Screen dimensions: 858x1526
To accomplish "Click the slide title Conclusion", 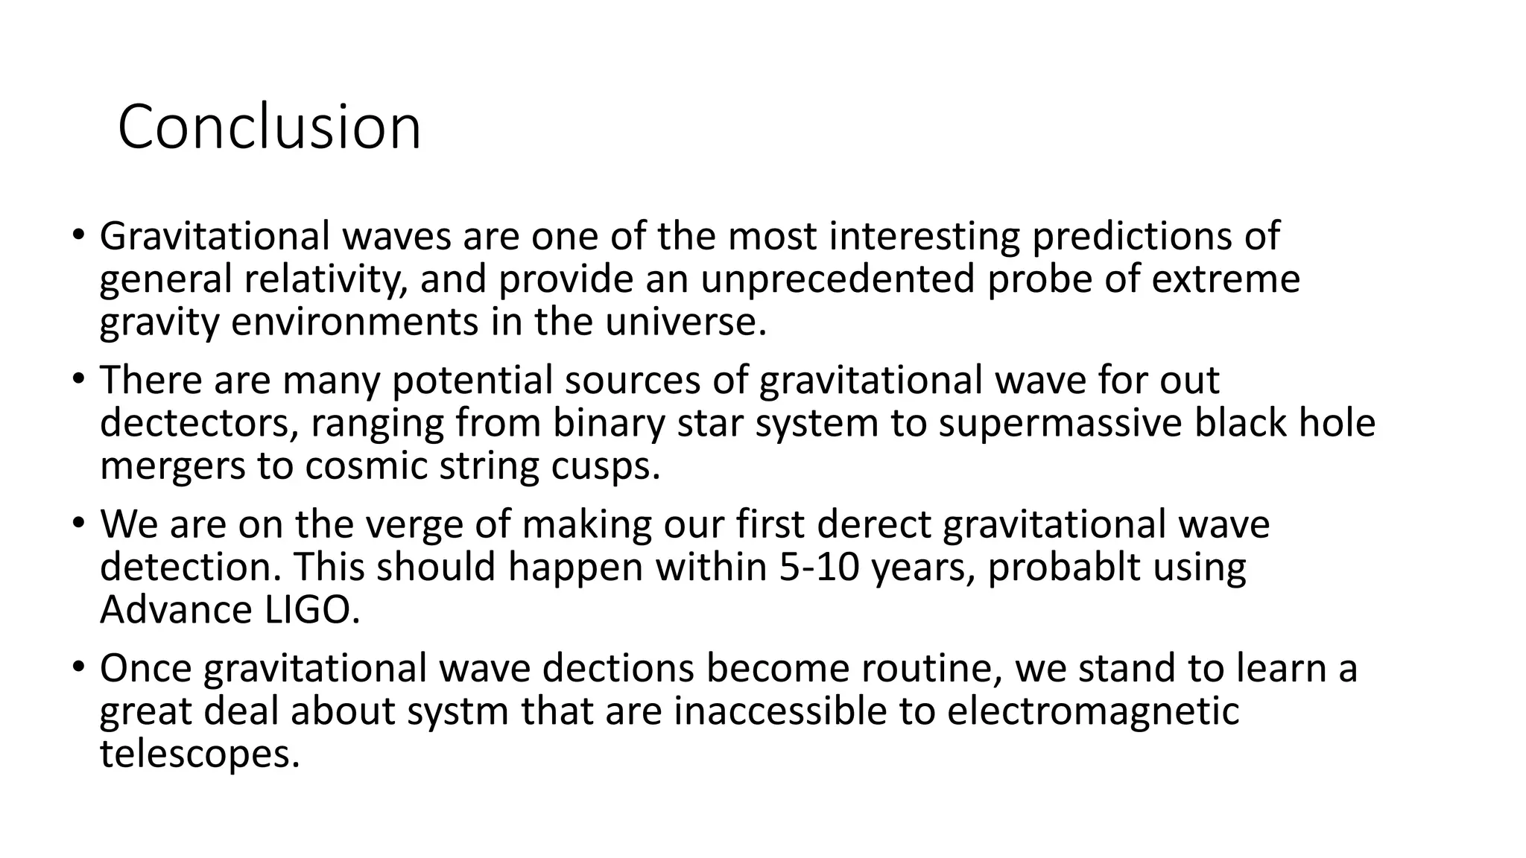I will [269, 127].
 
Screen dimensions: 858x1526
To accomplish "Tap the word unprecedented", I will [838, 279].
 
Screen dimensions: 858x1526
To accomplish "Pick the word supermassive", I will [1060, 423].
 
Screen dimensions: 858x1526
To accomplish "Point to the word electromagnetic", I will [1092, 711].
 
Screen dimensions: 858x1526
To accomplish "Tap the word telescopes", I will [200, 754].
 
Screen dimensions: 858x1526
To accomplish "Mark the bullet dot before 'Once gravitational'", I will [78, 666].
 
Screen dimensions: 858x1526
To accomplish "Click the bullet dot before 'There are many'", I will [78, 378].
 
